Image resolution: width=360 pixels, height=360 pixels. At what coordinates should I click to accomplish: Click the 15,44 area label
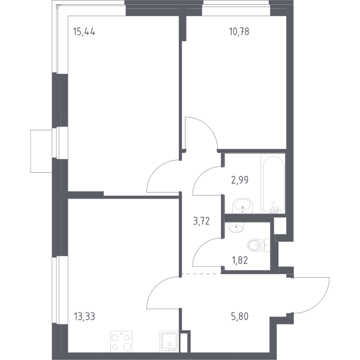[84, 32]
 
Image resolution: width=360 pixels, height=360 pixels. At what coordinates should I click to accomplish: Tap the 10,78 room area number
[239, 31]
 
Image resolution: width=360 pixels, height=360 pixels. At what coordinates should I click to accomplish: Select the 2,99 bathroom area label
[240, 180]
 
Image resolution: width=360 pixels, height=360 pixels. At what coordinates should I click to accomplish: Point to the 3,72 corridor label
[202, 221]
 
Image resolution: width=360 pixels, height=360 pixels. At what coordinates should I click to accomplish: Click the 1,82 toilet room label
[240, 260]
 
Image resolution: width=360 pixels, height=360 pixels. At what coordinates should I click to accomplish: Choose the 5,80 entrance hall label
[239, 316]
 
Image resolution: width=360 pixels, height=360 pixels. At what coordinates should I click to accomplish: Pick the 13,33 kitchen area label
[85, 316]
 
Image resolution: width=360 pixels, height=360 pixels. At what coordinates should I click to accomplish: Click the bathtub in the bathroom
[273, 184]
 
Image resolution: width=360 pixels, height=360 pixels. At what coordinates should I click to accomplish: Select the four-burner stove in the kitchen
[121, 341]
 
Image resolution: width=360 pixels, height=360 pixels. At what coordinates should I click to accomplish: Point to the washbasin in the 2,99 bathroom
[242, 206]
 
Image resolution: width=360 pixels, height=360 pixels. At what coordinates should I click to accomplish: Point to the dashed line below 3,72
[201, 274]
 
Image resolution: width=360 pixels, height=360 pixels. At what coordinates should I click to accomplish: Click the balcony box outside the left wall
[41, 151]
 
